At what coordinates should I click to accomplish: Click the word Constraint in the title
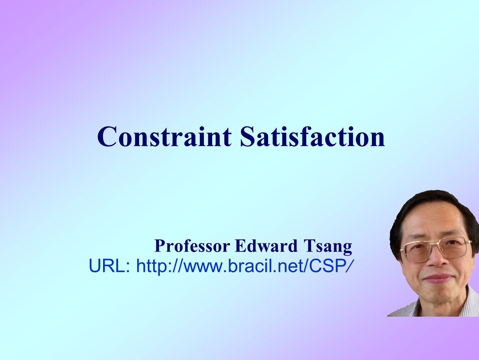click(164, 137)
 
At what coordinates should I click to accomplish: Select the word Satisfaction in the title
click(313, 137)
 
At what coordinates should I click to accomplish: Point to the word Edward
click(266, 246)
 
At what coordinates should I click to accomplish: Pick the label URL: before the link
click(109, 266)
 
